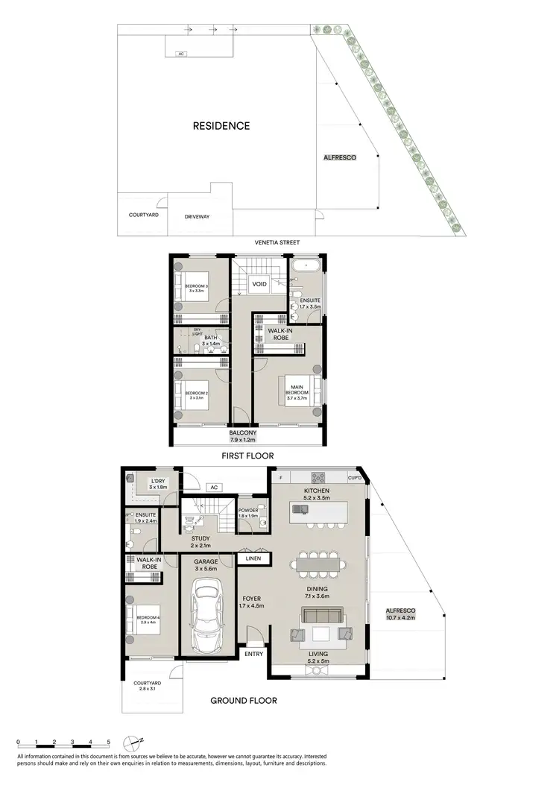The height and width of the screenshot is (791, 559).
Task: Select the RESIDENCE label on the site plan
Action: tap(221, 126)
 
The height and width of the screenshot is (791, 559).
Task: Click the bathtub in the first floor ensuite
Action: tap(306, 266)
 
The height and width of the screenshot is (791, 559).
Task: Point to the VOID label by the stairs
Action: tap(259, 284)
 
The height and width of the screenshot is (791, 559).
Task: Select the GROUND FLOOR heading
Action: tap(243, 701)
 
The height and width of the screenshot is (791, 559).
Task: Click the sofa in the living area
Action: tap(321, 616)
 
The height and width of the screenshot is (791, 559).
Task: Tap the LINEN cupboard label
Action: tap(249, 558)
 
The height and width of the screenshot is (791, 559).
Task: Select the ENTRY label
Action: tap(253, 654)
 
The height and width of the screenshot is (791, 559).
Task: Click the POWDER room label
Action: tap(249, 511)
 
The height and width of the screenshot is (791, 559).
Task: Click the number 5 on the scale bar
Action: tap(109, 743)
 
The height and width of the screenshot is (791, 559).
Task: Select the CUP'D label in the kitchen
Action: tap(354, 477)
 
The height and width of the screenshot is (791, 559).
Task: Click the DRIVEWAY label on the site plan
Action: tap(198, 216)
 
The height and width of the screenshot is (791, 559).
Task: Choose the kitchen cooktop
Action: tap(319, 477)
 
